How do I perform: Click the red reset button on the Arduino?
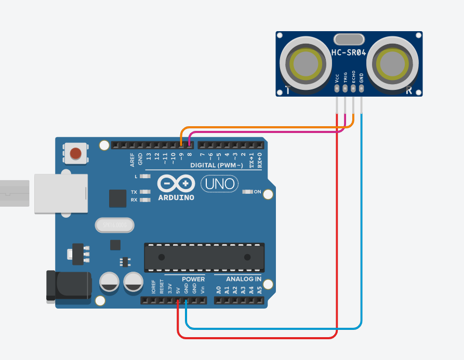click(x=76, y=154)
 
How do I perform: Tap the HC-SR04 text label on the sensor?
click(x=349, y=52)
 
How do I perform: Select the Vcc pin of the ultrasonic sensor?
click(x=337, y=88)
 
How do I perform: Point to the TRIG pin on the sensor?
click(x=345, y=88)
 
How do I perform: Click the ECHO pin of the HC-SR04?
click(x=353, y=88)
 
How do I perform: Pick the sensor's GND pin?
click(x=362, y=88)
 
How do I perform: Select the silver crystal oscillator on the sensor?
click(x=349, y=39)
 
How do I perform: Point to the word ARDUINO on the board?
click(x=176, y=197)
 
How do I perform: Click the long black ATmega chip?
click(x=204, y=257)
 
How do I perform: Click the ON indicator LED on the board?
click(x=247, y=192)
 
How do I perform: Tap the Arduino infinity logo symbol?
click(x=176, y=183)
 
